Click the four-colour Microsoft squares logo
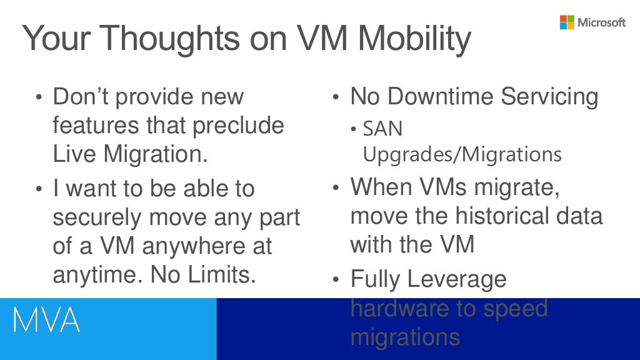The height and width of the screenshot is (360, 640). pos(567,22)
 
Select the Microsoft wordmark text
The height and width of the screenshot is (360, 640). pos(601,22)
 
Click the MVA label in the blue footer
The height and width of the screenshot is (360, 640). pos(47,321)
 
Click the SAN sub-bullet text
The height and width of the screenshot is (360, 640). pos(382,129)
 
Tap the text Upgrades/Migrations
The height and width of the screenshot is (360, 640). pos(462,154)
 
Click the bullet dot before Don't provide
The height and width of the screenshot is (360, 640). pos(39,98)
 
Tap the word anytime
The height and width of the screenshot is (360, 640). pos(96,274)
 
